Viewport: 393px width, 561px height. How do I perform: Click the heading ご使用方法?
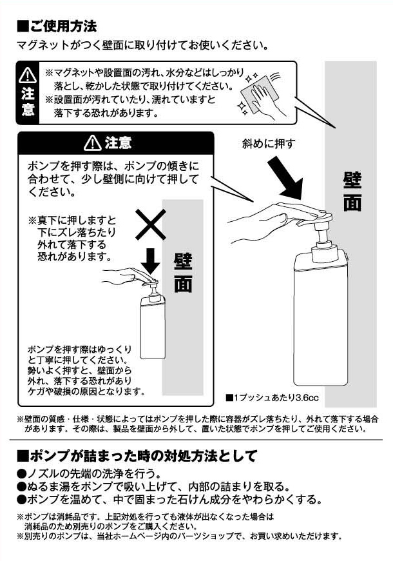(x=57, y=26)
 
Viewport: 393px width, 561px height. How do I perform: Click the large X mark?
(x=151, y=224)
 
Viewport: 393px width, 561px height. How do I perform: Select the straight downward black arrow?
(x=150, y=261)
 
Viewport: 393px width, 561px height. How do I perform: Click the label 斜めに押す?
(x=269, y=143)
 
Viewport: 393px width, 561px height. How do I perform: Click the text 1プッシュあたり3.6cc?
(x=272, y=397)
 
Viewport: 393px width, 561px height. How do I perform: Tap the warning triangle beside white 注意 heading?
(x=93, y=143)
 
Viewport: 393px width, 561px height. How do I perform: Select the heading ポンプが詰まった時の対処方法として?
(x=137, y=456)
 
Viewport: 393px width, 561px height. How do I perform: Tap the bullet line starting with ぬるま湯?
(x=153, y=486)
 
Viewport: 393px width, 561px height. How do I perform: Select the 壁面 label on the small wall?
(x=183, y=273)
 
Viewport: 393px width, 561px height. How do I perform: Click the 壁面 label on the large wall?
(x=352, y=192)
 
